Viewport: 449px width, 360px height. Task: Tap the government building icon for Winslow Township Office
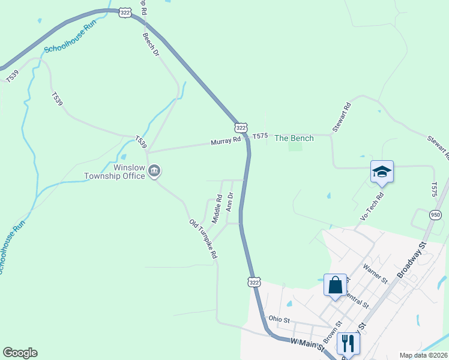(x=155, y=172)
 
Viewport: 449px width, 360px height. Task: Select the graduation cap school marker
(x=382, y=172)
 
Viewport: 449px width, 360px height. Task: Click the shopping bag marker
(x=335, y=284)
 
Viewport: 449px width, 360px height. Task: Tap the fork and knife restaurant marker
(x=348, y=343)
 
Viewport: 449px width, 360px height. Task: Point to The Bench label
(x=294, y=138)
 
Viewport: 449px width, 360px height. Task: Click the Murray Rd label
(x=225, y=141)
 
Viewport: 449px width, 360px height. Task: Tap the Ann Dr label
(x=229, y=202)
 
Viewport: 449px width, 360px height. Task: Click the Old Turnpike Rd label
(x=203, y=239)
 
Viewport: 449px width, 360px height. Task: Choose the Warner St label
(x=375, y=271)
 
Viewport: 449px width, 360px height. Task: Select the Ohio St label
(x=279, y=319)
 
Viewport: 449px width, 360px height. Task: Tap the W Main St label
(x=307, y=344)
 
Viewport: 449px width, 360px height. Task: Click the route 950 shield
(x=436, y=215)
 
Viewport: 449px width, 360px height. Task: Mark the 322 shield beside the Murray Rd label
(x=241, y=128)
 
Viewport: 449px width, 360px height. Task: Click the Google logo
(x=20, y=353)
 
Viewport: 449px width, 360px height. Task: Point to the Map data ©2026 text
(x=423, y=355)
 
